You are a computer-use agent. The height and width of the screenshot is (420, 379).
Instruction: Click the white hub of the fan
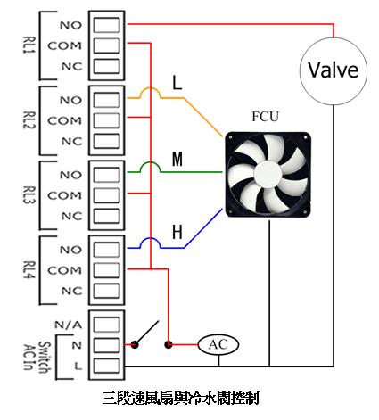click(x=268, y=175)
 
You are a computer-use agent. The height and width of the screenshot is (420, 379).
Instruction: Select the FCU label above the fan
click(x=266, y=117)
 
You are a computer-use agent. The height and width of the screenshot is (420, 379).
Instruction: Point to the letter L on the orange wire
click(x=177, y=83)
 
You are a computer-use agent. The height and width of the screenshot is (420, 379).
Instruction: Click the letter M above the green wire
click(x=177, y=159)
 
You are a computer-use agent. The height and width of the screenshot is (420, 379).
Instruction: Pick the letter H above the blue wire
click(x=177, y=233)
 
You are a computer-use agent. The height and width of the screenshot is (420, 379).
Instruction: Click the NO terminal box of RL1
click(x=107, y=25)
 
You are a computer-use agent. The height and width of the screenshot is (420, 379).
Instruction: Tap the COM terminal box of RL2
click(x=107, y=120)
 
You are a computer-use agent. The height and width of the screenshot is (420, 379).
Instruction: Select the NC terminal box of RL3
click(x=107, y=216)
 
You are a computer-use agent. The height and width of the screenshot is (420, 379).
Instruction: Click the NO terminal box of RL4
click(x=107, y=250)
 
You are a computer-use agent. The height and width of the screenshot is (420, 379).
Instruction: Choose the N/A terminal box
click(x=107, y=325)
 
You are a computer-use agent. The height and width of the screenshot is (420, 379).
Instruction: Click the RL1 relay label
click(x=29, y=45)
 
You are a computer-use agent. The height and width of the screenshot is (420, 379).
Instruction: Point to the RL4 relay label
click(x=29, y=270)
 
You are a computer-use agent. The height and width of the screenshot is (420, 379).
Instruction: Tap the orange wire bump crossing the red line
click(x=151, y=88)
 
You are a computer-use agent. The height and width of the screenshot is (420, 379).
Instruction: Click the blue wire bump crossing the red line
click(x=151, y=239)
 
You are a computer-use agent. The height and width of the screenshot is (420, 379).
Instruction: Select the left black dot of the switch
click(x=135, y=345)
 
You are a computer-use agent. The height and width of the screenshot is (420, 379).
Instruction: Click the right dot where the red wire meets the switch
click(x=169, y=345)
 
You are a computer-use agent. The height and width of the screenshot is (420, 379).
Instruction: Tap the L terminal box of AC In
click(x=107, y=366)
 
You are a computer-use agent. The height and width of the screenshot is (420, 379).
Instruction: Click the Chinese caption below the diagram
click(x=181, y=399)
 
